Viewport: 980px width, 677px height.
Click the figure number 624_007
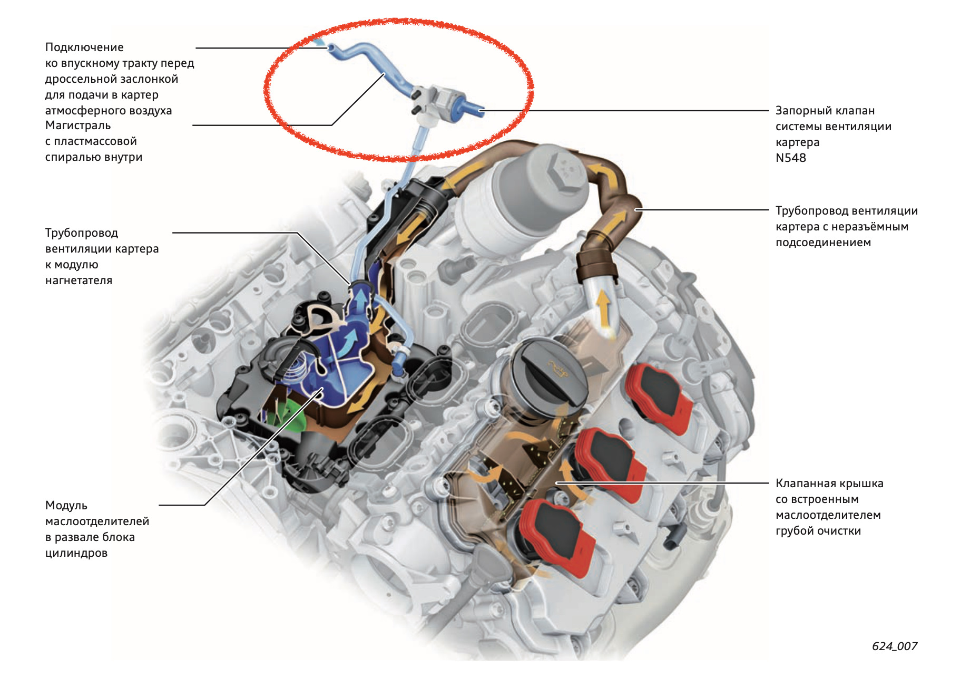click(x=894, y=646)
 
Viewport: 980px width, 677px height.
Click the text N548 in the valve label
click(x=790, y=158)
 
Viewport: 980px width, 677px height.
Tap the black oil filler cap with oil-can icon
click(x=548, y=372)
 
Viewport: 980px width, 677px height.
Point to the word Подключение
click(x=84, y=47)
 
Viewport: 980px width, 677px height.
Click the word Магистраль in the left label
click(x=78, y=125)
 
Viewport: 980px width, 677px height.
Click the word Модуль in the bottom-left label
click(x=66, y=505)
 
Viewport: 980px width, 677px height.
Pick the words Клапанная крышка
click(x=829, y=483)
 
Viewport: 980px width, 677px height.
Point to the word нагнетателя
click(x=79, y=281)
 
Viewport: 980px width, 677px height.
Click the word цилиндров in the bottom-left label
click(x=76, y=553)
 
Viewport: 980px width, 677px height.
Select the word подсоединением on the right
click(x=823, y=243)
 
